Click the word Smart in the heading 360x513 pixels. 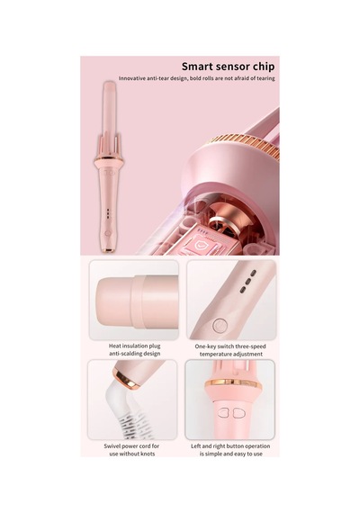tap(195, 67)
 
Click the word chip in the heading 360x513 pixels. tap(264, 67)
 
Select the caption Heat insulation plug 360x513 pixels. tap(134, 346)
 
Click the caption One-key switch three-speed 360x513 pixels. tap(230, 346)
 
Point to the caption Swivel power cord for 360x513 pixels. tap(131, 445)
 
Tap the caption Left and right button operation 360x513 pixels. tap(230, 445)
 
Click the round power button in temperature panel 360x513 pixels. tap(220, 325)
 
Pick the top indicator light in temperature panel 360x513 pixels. tap(253, 273)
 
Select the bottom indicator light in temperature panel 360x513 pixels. tap(243, 289)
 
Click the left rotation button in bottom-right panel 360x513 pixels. tap(223, 413)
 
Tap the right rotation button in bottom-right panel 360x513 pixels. tap(239, 413)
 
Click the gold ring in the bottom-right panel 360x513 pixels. tap(233, 383)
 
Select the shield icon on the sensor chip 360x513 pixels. tap(199, 245)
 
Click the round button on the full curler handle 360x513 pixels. tap(108, 234)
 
